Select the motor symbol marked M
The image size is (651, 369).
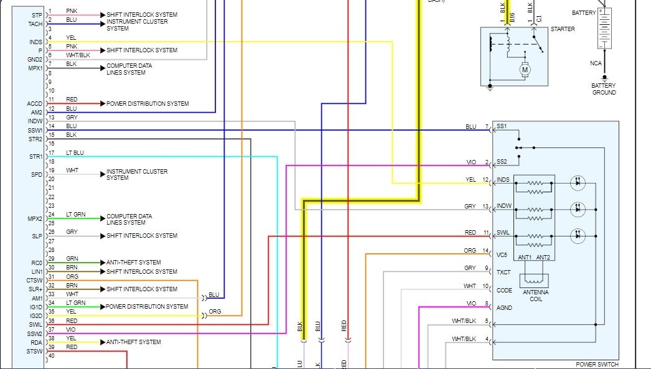click(525, 70)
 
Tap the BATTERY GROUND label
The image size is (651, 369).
click(604, 89)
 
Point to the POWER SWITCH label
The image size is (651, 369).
click(596, 365)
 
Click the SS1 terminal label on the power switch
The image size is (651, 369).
click(502, 127)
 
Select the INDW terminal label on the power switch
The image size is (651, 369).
click(503, 206)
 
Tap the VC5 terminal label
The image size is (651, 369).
click(502, 254)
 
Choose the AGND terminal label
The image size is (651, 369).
click(504, 307)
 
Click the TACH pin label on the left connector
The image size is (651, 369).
click(35, 24)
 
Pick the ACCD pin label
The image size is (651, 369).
click(34, 103)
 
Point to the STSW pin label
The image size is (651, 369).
click(35, 352)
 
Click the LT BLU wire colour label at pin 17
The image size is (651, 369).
click(75, 152)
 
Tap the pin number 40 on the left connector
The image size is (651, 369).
click(51, 356)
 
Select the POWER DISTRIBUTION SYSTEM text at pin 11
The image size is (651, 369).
click(148, 103)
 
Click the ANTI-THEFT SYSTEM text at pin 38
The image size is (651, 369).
click(133, 342)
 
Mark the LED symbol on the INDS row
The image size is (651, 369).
click(578, 183)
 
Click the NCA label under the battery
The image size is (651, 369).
click(596, 63)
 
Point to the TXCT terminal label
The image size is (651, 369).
click(503, 273)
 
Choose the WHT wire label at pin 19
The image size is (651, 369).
click(72, 170)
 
